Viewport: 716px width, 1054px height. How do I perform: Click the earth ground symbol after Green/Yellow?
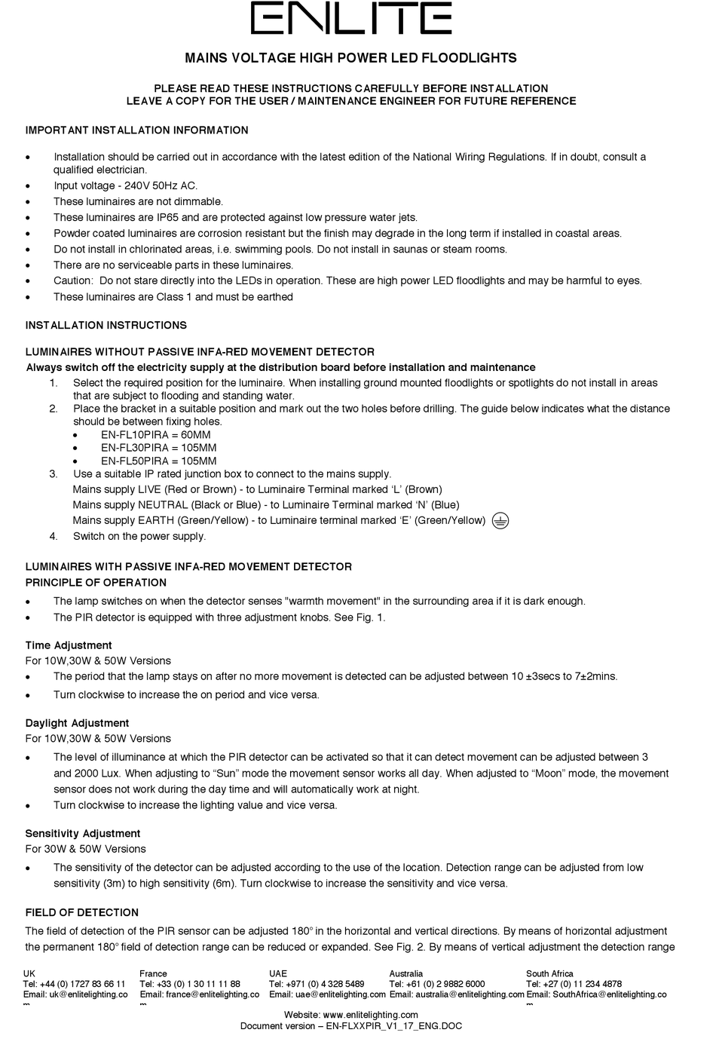pyautogui.click(x=500, y=520)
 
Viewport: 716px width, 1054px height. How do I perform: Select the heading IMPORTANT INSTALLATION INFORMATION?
pyautogui.click(x=136, y=130)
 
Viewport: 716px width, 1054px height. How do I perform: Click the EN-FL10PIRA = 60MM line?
pyautogui.click(x=155, y=435)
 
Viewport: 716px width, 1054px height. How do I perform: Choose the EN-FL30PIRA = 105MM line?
pyautogui.click(x=158, y=448)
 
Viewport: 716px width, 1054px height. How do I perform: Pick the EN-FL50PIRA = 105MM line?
pyautogui.click(x=158, y=461)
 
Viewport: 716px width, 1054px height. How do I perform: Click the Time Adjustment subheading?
pyautogui.click(x=69, y=645)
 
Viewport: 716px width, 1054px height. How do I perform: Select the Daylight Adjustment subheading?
pyautogui.click(x=77, y=723)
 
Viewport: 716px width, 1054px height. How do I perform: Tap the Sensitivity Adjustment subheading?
pyautogui.click(x=83, y=833)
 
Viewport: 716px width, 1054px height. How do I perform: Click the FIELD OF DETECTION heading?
pyautogui.click(x=82, y=912)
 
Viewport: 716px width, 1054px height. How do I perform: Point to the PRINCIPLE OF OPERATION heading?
pyautogui.click(x=96, y=583)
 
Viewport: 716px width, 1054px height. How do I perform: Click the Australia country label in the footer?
pyautogui.click(x=406, y=973)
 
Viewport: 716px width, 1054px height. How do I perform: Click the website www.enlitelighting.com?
pyautogui.click(x=370, y=1015)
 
